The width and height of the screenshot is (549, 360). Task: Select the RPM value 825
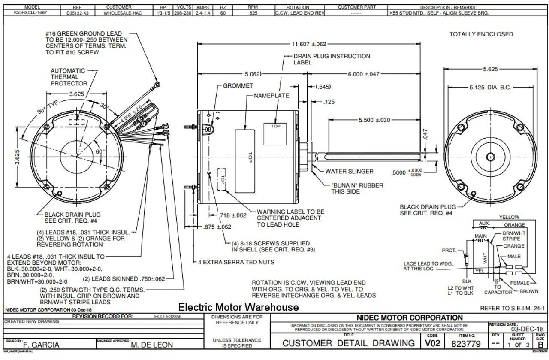point(252,13)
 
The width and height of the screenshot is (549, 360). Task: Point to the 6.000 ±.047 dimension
point(363,74)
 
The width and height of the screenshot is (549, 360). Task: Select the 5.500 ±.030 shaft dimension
point(374,120)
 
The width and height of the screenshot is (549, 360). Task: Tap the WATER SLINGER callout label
point(349,172)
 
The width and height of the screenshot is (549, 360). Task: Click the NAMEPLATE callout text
point(271,96)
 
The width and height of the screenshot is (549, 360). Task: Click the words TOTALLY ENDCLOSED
point(481,34)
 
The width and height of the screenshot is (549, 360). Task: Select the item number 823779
point(467,344)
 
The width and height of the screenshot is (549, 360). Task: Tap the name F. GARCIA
point(41,345)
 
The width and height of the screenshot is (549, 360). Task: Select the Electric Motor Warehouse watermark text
point(238,308)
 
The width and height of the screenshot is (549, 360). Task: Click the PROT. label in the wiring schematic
point(449,250)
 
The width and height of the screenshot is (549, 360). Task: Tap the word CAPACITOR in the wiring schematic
point(498,293)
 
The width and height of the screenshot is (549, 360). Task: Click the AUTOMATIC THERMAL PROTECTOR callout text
point(69,77)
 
